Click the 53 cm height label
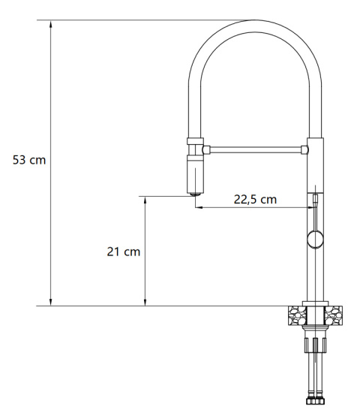[x=29, y=160]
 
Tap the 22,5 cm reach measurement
[x=255, y=199]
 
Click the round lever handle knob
[x=316, y=240]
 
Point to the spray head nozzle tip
[x=195, y=194]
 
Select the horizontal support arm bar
[x=255, y=149]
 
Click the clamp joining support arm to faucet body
[x=306, y=149]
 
